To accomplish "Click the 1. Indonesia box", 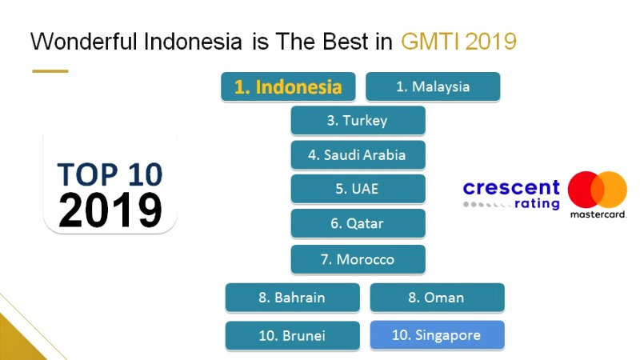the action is click(288, 86).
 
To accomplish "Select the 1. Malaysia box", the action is click(433, 86).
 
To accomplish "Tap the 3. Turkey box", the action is click(358, 121).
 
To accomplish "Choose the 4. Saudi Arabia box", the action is click(358, 154).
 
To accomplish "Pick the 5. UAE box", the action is click(358, 189).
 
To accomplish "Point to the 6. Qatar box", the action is click(358, 223).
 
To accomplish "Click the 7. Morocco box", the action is click(358, 259).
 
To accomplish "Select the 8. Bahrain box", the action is click(293, 298).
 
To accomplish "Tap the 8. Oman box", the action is click(437, 298).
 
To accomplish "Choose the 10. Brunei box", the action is click(293, 335).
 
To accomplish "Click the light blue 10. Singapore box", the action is click(437, 335).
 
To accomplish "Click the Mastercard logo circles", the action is click(597, 190).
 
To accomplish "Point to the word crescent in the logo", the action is click(511, 188).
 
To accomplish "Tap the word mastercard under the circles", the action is click(598, 214).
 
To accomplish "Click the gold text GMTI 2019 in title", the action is click(458, 42).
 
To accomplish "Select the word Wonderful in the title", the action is click(84, 42).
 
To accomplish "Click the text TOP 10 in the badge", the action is click(110, 174).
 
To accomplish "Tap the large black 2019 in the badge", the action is click(110, 210).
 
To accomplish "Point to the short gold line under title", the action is click(50, 71).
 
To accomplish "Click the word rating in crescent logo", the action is click(537, 204).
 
